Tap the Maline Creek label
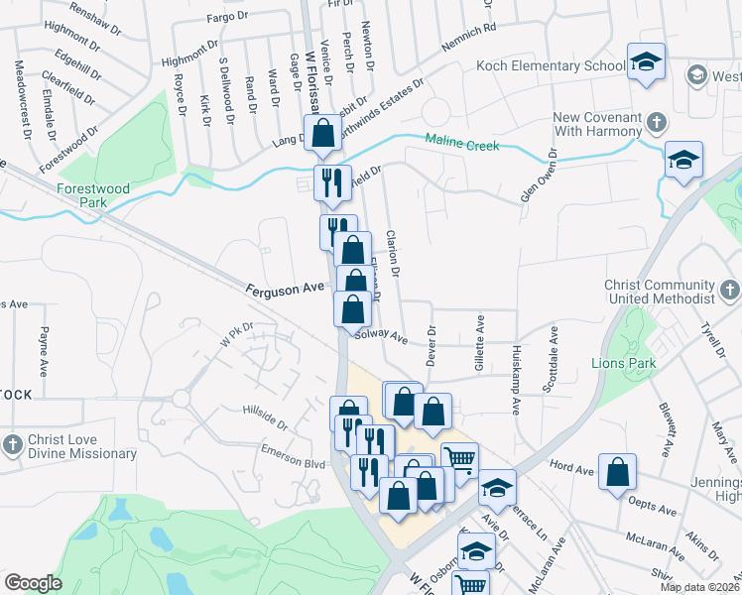(x=461, y=144)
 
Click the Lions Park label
(x=621, y=363)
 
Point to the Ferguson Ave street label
(x=286, y=288)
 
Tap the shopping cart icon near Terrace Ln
(x=459, y=459)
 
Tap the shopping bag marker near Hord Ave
(x=617, y=473)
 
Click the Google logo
(x=33, y=583)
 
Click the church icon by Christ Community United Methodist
(x=730, y=291)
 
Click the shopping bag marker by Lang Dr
(x=322, y=134)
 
